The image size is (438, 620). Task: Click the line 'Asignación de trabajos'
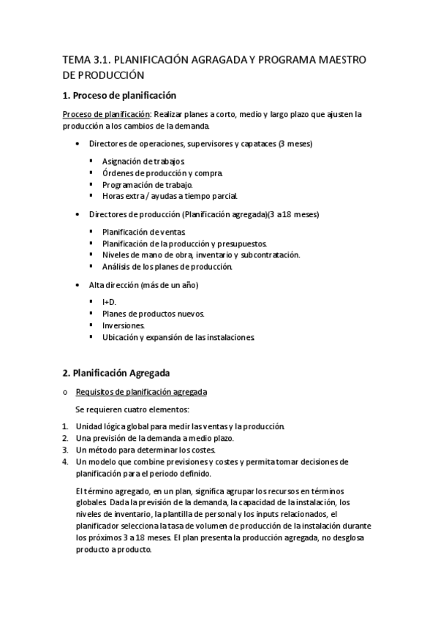[x=143, y=161]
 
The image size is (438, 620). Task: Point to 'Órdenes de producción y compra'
[x=162, y=173]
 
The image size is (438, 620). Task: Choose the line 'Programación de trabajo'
[x=147, y=184]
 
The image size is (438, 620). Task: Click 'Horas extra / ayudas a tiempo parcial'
[x=170, y=196]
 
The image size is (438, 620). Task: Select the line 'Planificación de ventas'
[x=143, y=232]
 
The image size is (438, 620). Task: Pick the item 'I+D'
[x=109, y=302]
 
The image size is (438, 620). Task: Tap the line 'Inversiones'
[x=124, y=325]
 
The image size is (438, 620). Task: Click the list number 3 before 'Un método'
[x=65, y=450]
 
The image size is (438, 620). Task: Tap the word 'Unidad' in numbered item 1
[x=90, y=426]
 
